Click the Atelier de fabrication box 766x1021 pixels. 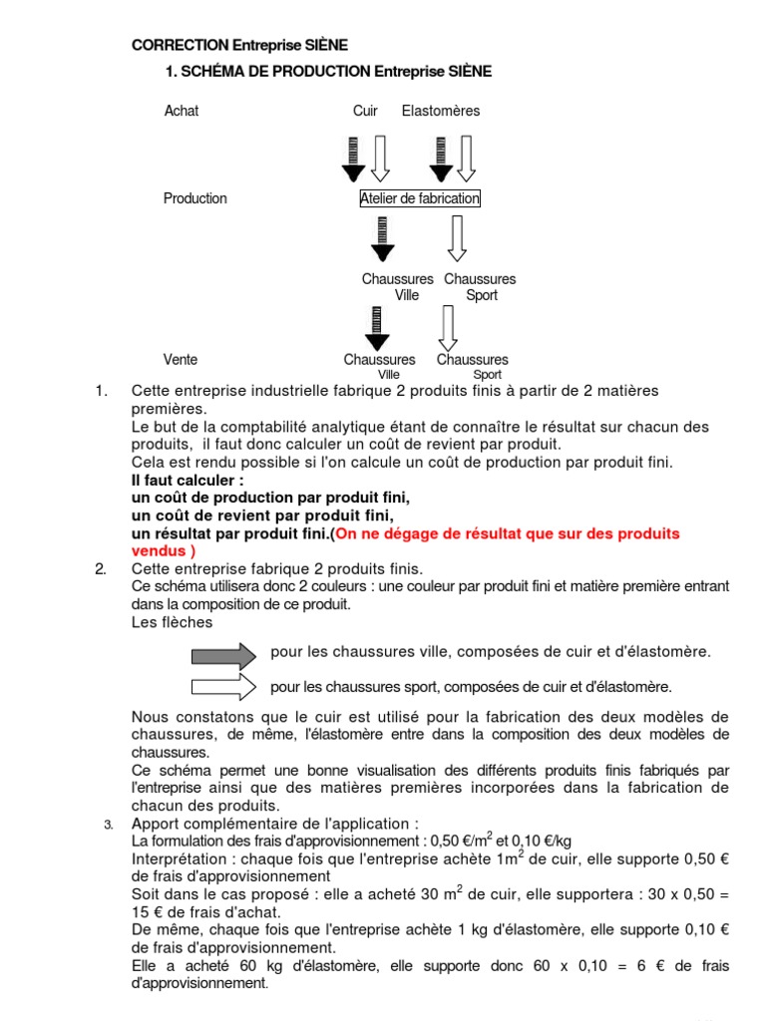[420, 198]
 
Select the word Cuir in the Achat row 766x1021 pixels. [365, 111]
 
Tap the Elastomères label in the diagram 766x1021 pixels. [440, 111]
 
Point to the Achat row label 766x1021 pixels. [181, 111]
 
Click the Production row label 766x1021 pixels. [194, 198]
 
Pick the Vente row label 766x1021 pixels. [181, 359]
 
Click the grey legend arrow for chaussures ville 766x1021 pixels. [223, 654]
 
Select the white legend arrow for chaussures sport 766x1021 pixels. [223, 686]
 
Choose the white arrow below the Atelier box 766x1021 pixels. [457, 239]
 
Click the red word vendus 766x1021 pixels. [160, 549]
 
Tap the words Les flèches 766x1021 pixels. [172, 622]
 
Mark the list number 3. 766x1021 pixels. [109, 826]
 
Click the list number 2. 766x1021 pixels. [101, 569]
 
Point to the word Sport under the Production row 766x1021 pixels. [482, 295]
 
